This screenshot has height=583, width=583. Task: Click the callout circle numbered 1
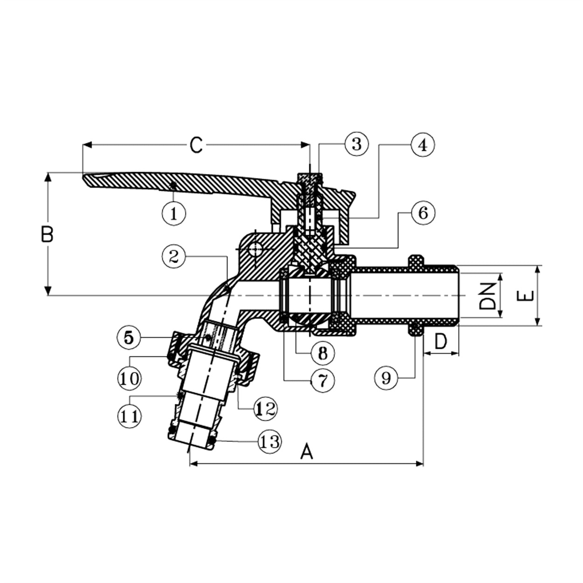pyautogui.click(x=174, y=214)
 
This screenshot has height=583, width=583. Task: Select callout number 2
pyautogui.click(x=174, y=257)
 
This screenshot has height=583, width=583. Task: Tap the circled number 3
pyautogui.click(x=357, y=144)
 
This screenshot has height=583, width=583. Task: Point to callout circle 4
pyautogui.click(x=423, y=145)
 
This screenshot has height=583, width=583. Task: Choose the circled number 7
pyautogui.click(x=323, y=380)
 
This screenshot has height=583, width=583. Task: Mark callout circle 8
pyautogui.click(x=323, y=353)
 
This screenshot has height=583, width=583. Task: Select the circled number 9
pyautogui.click(x=386, y=378)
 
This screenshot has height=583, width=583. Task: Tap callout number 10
pyautogui.click(x=129, y=378)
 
